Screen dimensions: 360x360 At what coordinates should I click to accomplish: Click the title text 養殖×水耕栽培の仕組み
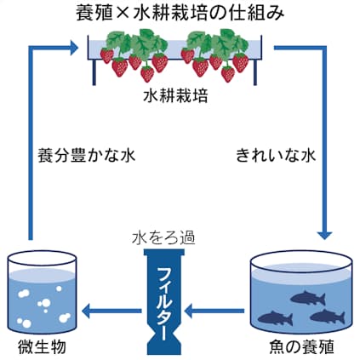click(180, 14)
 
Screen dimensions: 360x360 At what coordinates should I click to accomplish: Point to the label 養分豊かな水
click(86, 157)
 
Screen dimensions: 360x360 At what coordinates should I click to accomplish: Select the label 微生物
click(42, 347)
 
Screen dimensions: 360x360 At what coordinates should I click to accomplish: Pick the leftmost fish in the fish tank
click(275, 318)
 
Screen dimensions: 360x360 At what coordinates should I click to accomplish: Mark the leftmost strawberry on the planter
click(106, 54)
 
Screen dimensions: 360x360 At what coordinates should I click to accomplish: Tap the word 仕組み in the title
click(260, 14)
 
